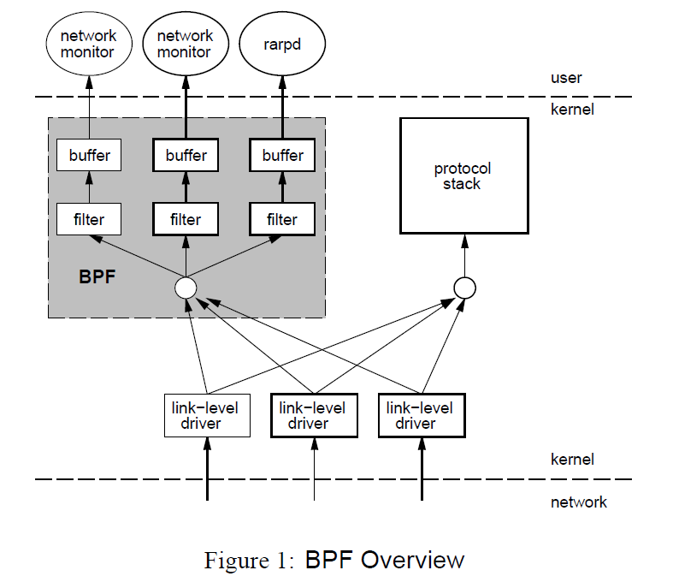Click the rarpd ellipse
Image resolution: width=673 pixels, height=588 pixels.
coord(281,45)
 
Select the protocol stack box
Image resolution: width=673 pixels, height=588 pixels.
coord(464,175)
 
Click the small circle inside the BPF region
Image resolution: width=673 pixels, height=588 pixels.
coord(186,287)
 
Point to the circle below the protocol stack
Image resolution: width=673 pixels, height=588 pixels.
coord(464,287)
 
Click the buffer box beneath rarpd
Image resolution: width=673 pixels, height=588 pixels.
coord(282,156)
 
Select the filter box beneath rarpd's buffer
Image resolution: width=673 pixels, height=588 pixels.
coord(282,219)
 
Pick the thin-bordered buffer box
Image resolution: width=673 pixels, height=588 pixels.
coord(89,156)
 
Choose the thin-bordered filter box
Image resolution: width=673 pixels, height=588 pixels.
coord(89,219)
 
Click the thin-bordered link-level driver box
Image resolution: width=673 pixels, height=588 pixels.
coord(207,415)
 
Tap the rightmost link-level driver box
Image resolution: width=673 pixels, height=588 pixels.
coord(422,415)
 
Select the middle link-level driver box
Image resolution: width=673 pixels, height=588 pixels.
coord(314,415)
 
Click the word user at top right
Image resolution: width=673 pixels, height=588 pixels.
coord(566,78)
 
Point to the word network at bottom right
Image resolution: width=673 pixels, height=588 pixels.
coord(578,502)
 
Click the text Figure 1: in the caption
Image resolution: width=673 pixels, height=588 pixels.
coord(247,561)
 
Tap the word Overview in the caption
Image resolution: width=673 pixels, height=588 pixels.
coord(412,561)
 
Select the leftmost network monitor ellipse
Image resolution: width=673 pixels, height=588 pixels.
coord(89,45)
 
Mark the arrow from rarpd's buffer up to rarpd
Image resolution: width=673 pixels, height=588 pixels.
coord(282,107)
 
